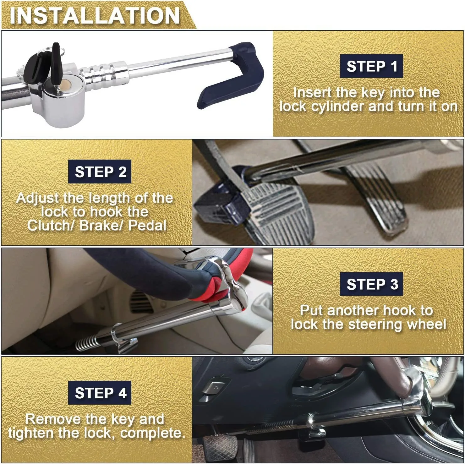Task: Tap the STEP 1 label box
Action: click(371, 66)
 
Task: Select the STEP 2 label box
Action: click(100, 172)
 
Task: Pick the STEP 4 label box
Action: click(100, 393)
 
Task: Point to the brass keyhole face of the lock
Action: click(65, 85)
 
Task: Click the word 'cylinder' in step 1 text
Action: click(338, 107)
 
